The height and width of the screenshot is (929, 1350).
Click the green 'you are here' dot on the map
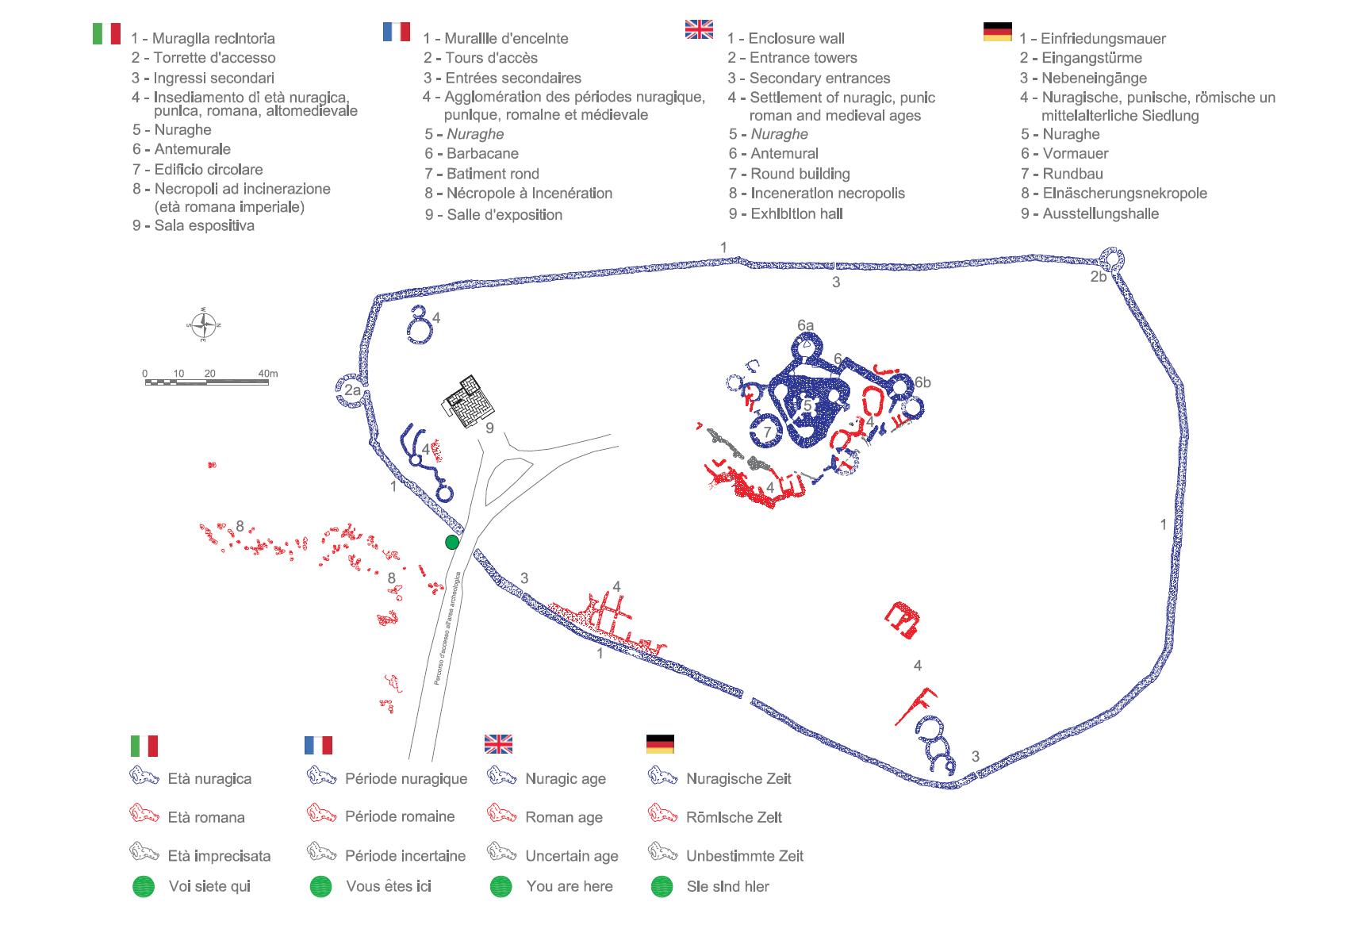452,542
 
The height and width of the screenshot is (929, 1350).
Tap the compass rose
204,324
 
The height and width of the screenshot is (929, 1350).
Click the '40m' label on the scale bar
268,373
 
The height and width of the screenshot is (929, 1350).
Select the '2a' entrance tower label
352,390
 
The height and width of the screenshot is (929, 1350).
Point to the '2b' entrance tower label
1098,277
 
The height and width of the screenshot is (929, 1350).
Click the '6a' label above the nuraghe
805,325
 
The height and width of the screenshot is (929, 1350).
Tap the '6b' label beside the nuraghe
922,382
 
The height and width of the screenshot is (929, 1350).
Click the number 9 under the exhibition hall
489,428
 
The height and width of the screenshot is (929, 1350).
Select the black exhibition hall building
469,401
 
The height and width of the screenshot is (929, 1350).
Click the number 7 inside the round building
767,432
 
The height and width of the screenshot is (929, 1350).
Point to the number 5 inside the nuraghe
807,406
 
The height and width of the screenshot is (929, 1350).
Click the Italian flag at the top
106,33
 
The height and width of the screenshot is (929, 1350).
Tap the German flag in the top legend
997,32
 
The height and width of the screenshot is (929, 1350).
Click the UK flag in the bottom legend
498,744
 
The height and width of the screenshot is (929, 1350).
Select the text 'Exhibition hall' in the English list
796,213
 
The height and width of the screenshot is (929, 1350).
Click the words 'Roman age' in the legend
564,817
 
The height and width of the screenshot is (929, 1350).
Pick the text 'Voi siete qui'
209,886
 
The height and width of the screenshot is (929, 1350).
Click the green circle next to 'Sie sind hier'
662,886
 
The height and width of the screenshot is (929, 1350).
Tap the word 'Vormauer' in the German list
1075,154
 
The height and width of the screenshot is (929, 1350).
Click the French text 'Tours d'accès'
491,58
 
